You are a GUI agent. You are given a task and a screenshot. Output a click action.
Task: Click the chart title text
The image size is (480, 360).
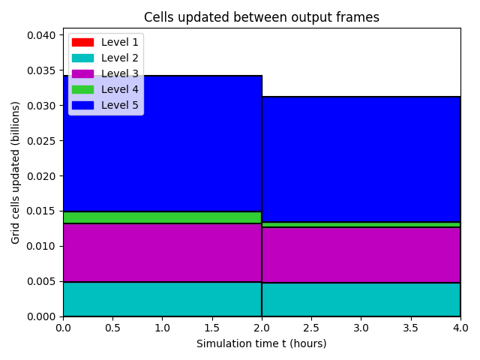(262, 17)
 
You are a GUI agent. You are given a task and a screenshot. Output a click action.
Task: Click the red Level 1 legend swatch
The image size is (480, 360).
(82, 42)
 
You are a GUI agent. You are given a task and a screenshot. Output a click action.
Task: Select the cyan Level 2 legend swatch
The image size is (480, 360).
(82, 58)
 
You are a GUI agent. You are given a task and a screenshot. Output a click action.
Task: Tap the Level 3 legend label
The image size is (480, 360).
(120, 73)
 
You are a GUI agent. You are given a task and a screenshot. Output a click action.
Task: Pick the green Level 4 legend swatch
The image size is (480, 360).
(82, 89)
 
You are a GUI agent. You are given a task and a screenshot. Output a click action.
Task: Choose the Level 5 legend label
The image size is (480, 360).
(120, 105)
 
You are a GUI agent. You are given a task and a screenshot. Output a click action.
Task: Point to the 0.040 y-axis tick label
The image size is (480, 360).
(41, 35)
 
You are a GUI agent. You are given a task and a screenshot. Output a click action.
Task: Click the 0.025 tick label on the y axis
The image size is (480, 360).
(41, 141)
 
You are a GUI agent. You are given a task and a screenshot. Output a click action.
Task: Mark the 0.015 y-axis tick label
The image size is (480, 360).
(41, 211)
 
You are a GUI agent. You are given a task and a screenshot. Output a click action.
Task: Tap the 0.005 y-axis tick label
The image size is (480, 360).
(41, 281)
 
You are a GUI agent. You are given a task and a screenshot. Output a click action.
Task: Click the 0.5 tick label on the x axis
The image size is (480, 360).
(112, 328)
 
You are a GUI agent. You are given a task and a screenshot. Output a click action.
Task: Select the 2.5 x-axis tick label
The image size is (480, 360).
(311, 328)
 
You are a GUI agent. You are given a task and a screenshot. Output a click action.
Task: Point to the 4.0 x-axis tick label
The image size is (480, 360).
(460, 328)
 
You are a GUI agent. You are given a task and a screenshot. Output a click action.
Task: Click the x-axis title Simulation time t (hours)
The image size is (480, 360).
(262, 343)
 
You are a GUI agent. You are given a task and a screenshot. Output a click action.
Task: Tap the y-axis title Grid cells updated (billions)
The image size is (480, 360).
(15, 172)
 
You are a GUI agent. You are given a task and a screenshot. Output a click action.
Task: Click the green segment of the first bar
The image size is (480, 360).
(162, 217)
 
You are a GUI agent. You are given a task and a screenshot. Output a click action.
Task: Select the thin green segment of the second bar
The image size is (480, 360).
(361, 225)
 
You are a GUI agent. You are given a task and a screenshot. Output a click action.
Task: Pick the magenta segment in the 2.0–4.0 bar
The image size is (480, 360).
(361, 255)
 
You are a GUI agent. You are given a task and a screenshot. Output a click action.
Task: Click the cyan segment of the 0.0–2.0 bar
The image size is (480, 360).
(162, 299)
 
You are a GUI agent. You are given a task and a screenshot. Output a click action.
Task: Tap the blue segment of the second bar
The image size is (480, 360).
(361, 159)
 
